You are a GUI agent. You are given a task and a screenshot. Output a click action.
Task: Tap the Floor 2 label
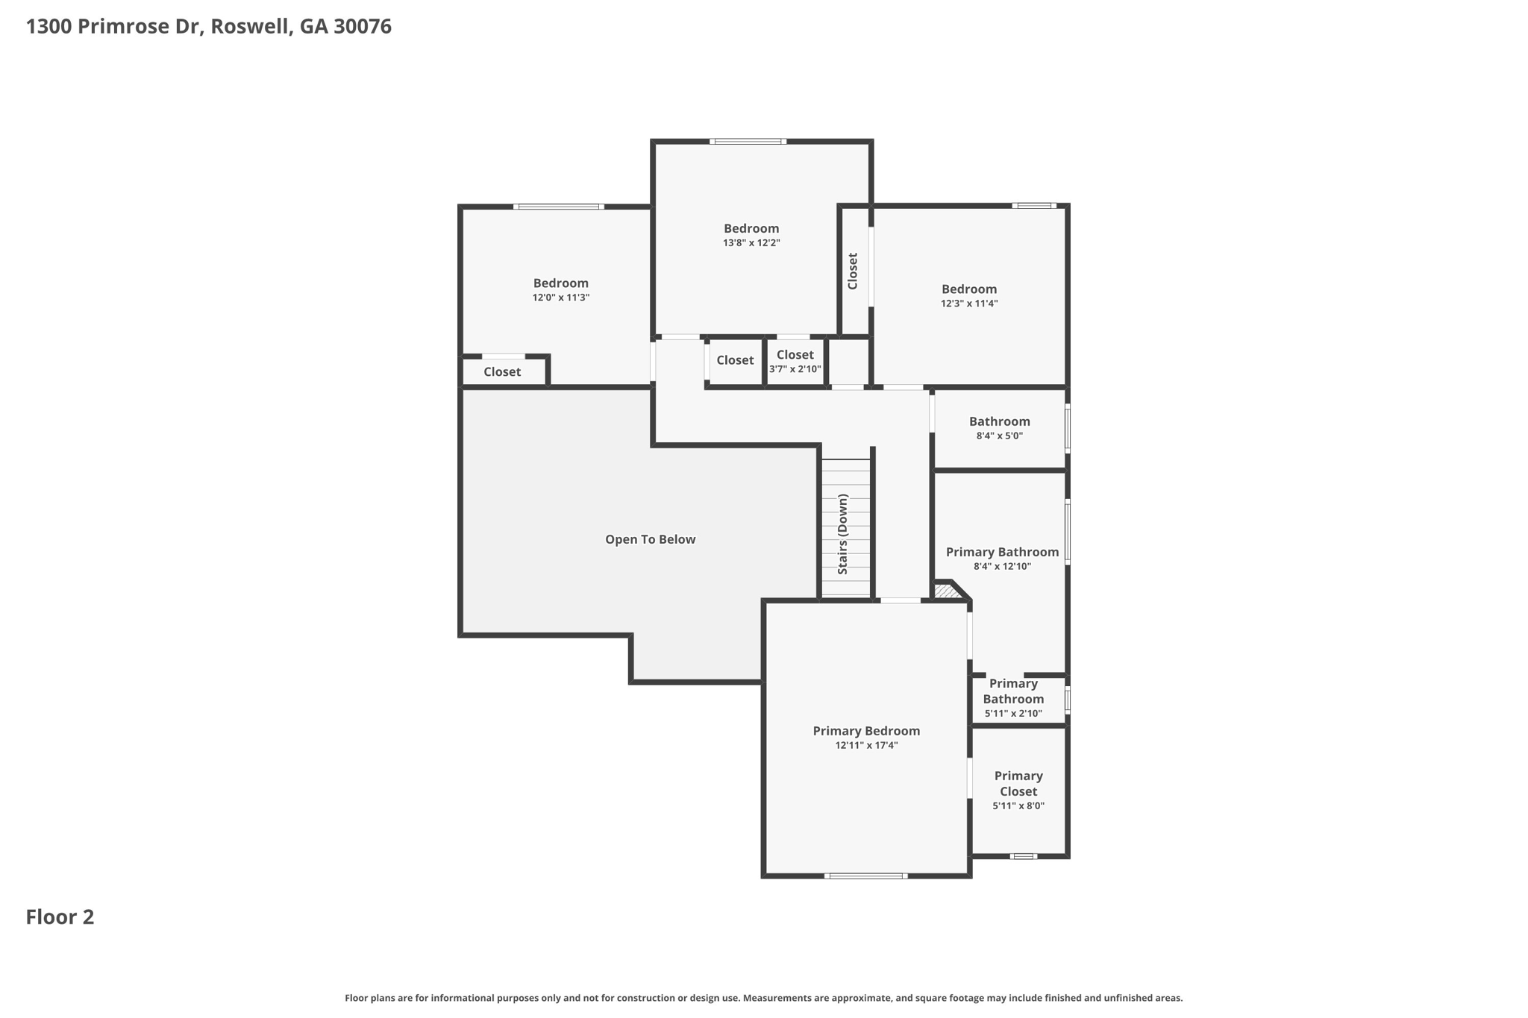60,917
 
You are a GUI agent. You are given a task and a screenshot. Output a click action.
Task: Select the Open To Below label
650,539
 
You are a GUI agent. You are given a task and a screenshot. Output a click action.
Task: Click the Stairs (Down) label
843,534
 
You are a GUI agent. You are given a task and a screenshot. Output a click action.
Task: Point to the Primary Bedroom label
866,731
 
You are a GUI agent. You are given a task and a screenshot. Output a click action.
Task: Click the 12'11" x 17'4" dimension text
866,745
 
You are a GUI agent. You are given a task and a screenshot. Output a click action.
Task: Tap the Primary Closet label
1018,784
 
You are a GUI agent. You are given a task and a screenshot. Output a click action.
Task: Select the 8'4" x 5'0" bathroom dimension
1000,436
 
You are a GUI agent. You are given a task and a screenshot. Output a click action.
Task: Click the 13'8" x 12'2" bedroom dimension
751,242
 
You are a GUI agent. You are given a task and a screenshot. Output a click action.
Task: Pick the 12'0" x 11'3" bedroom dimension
561,297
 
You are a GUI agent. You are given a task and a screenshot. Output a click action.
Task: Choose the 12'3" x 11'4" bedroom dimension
969,303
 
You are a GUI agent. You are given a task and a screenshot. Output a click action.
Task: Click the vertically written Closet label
853,271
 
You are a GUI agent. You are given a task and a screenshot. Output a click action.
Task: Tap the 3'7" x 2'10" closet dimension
795,368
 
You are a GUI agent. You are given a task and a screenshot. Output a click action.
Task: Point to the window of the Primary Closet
1024,856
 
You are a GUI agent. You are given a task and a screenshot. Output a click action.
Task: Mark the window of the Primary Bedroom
866,876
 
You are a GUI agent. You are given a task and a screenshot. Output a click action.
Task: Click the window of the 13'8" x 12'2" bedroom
748,141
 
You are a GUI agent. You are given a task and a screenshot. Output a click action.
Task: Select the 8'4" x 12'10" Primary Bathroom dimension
1002,566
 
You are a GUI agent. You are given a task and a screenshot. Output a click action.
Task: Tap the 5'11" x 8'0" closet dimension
1018,805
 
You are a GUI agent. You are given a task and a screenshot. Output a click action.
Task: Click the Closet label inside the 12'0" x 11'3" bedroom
502,371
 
